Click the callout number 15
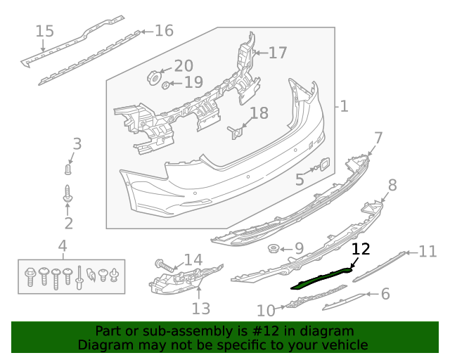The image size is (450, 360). [44, 31]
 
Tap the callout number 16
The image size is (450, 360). [164, 31]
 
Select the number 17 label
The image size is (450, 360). [278, 53]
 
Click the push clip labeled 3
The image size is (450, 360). [68, 169]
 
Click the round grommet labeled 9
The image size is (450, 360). [274, 249]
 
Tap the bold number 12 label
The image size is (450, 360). [361, 249]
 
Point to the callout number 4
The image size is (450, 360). [63, 246]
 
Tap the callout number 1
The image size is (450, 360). [343, 107]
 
